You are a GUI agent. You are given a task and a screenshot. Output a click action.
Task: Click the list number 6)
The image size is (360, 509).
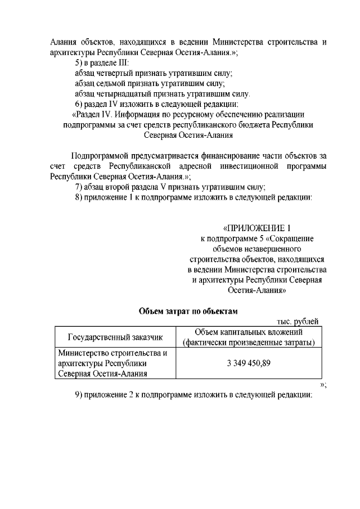pos(80,104)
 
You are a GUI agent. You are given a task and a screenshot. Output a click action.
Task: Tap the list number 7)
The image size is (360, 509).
pos(80,187)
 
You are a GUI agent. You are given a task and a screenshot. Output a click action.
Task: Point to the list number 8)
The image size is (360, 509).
pos(80,197)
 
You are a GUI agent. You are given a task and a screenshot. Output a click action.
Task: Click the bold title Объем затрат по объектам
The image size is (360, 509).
pos(189,310)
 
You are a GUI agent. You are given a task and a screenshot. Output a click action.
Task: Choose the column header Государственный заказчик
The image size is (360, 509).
pos(115,337)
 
